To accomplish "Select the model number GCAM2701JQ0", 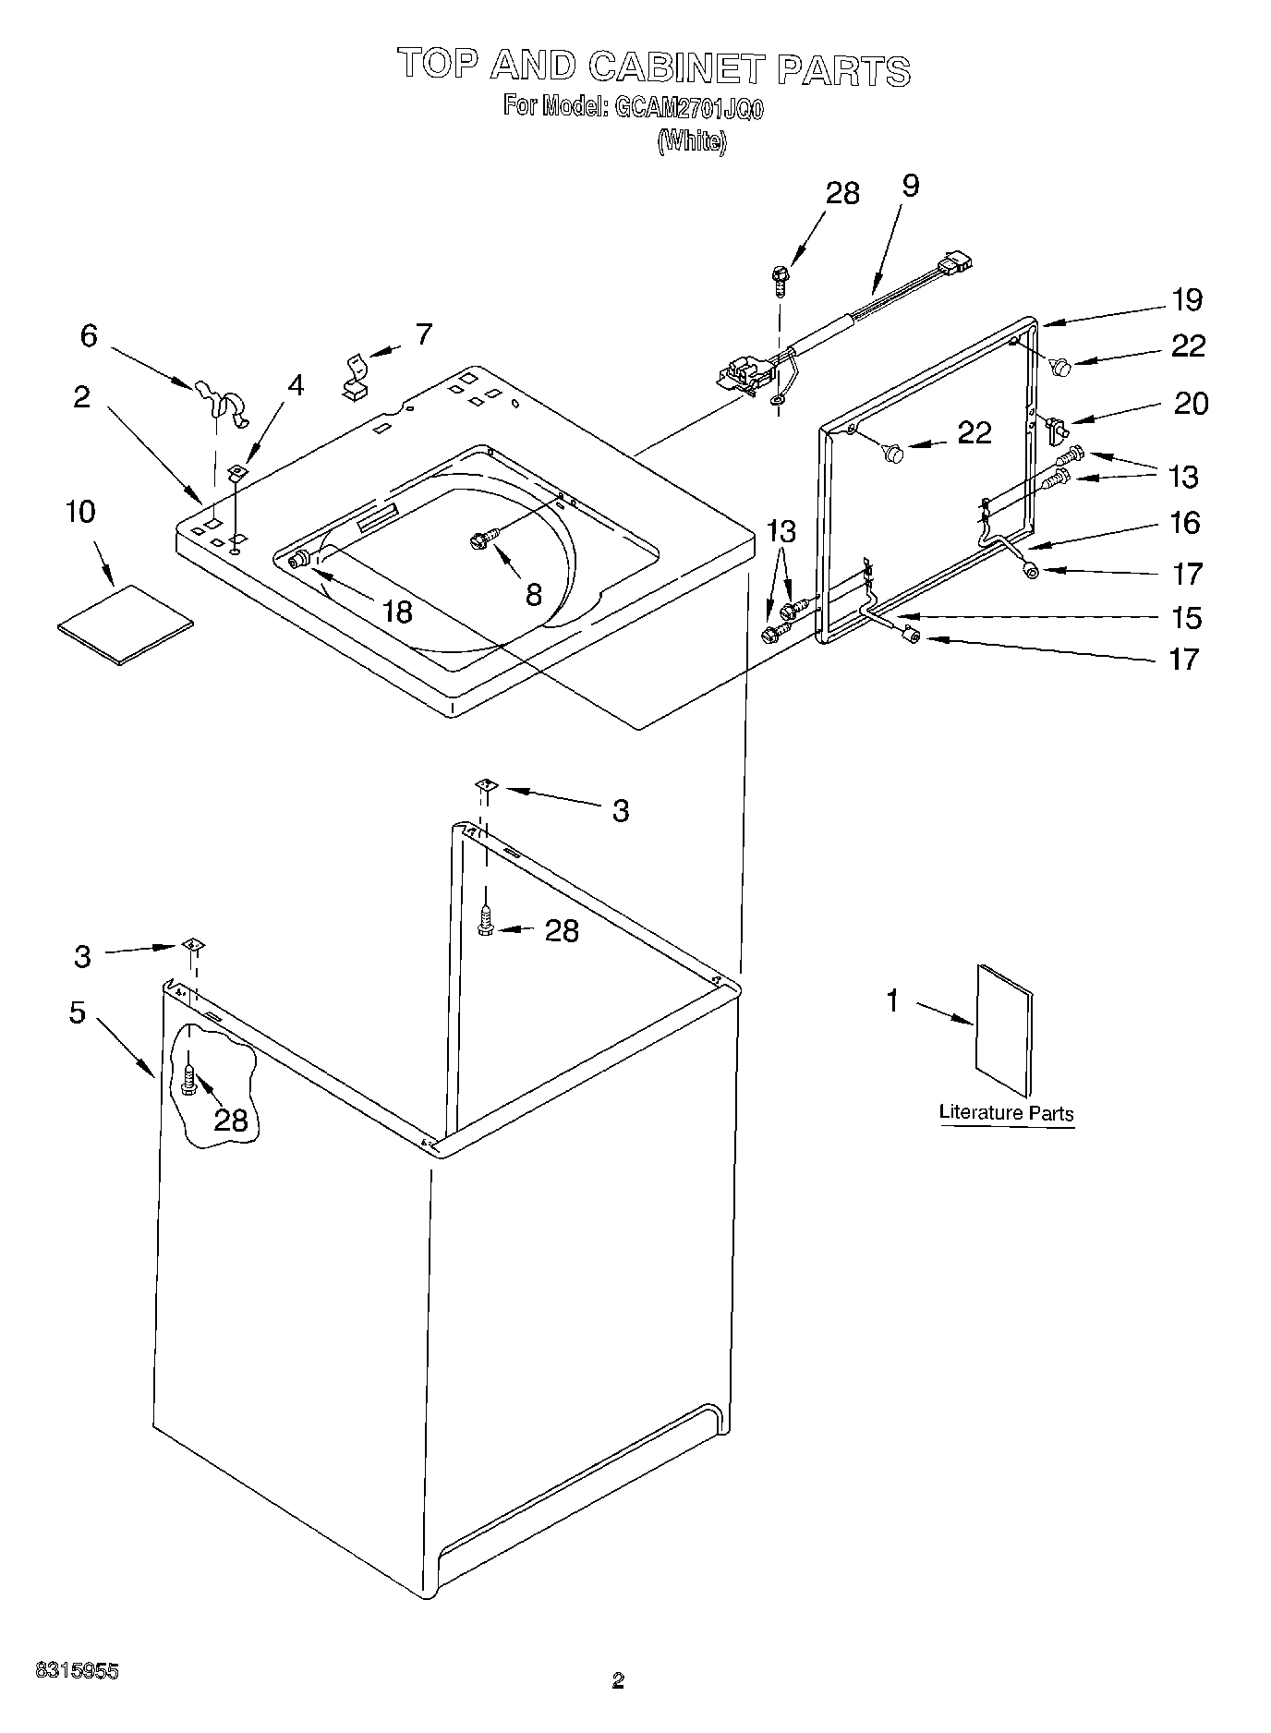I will point(684,108).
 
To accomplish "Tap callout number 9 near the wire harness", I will point(910,186).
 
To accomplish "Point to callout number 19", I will point(1187,300).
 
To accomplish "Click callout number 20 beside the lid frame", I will point(1191,404).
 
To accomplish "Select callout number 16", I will point(1185,523).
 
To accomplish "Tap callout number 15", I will point(1186,617).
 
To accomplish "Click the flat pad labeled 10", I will point(125,624).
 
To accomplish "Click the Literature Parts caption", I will point(1006,1113).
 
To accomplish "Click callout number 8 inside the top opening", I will point(533,595).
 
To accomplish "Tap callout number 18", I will point(398,611).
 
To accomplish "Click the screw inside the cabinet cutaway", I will point(191,1080).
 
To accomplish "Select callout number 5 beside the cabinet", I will point(78,1012).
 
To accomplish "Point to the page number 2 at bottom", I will point(618,1706).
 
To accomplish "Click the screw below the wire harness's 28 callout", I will point(779,278).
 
